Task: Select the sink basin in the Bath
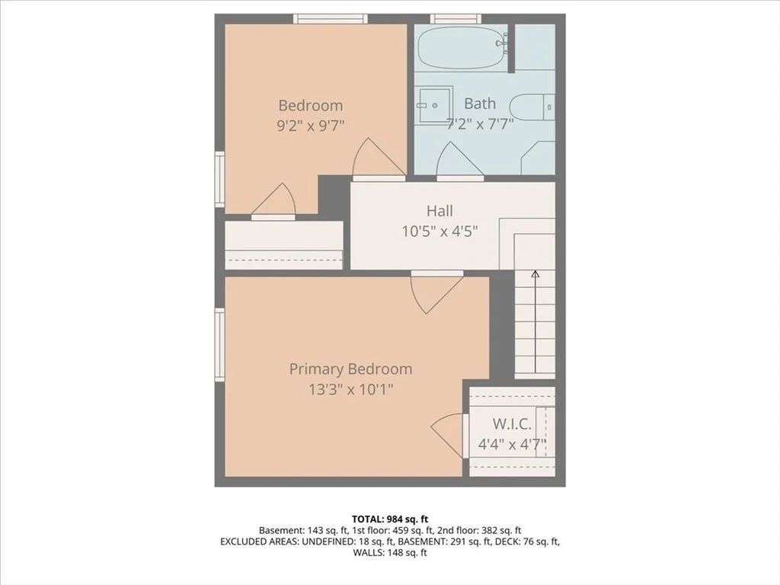tap(434, 105)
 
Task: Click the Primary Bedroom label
tap(350, 369)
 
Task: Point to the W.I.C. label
tap(512, 424)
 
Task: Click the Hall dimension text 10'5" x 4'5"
tap(440, 232)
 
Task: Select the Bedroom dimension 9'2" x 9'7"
tap(311, 126)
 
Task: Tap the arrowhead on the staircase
tap(535, 273)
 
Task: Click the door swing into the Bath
tap(455, 159)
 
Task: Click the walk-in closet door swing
tap(448, 435)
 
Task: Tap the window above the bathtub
tap(456, 19)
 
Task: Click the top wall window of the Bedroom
tap(331, 19)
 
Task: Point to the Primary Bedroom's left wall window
tap(220, 345)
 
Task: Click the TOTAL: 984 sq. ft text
tap(390, 519)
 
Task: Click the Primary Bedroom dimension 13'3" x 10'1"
tap(350, 389)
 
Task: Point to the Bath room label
tap(480, 104)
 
